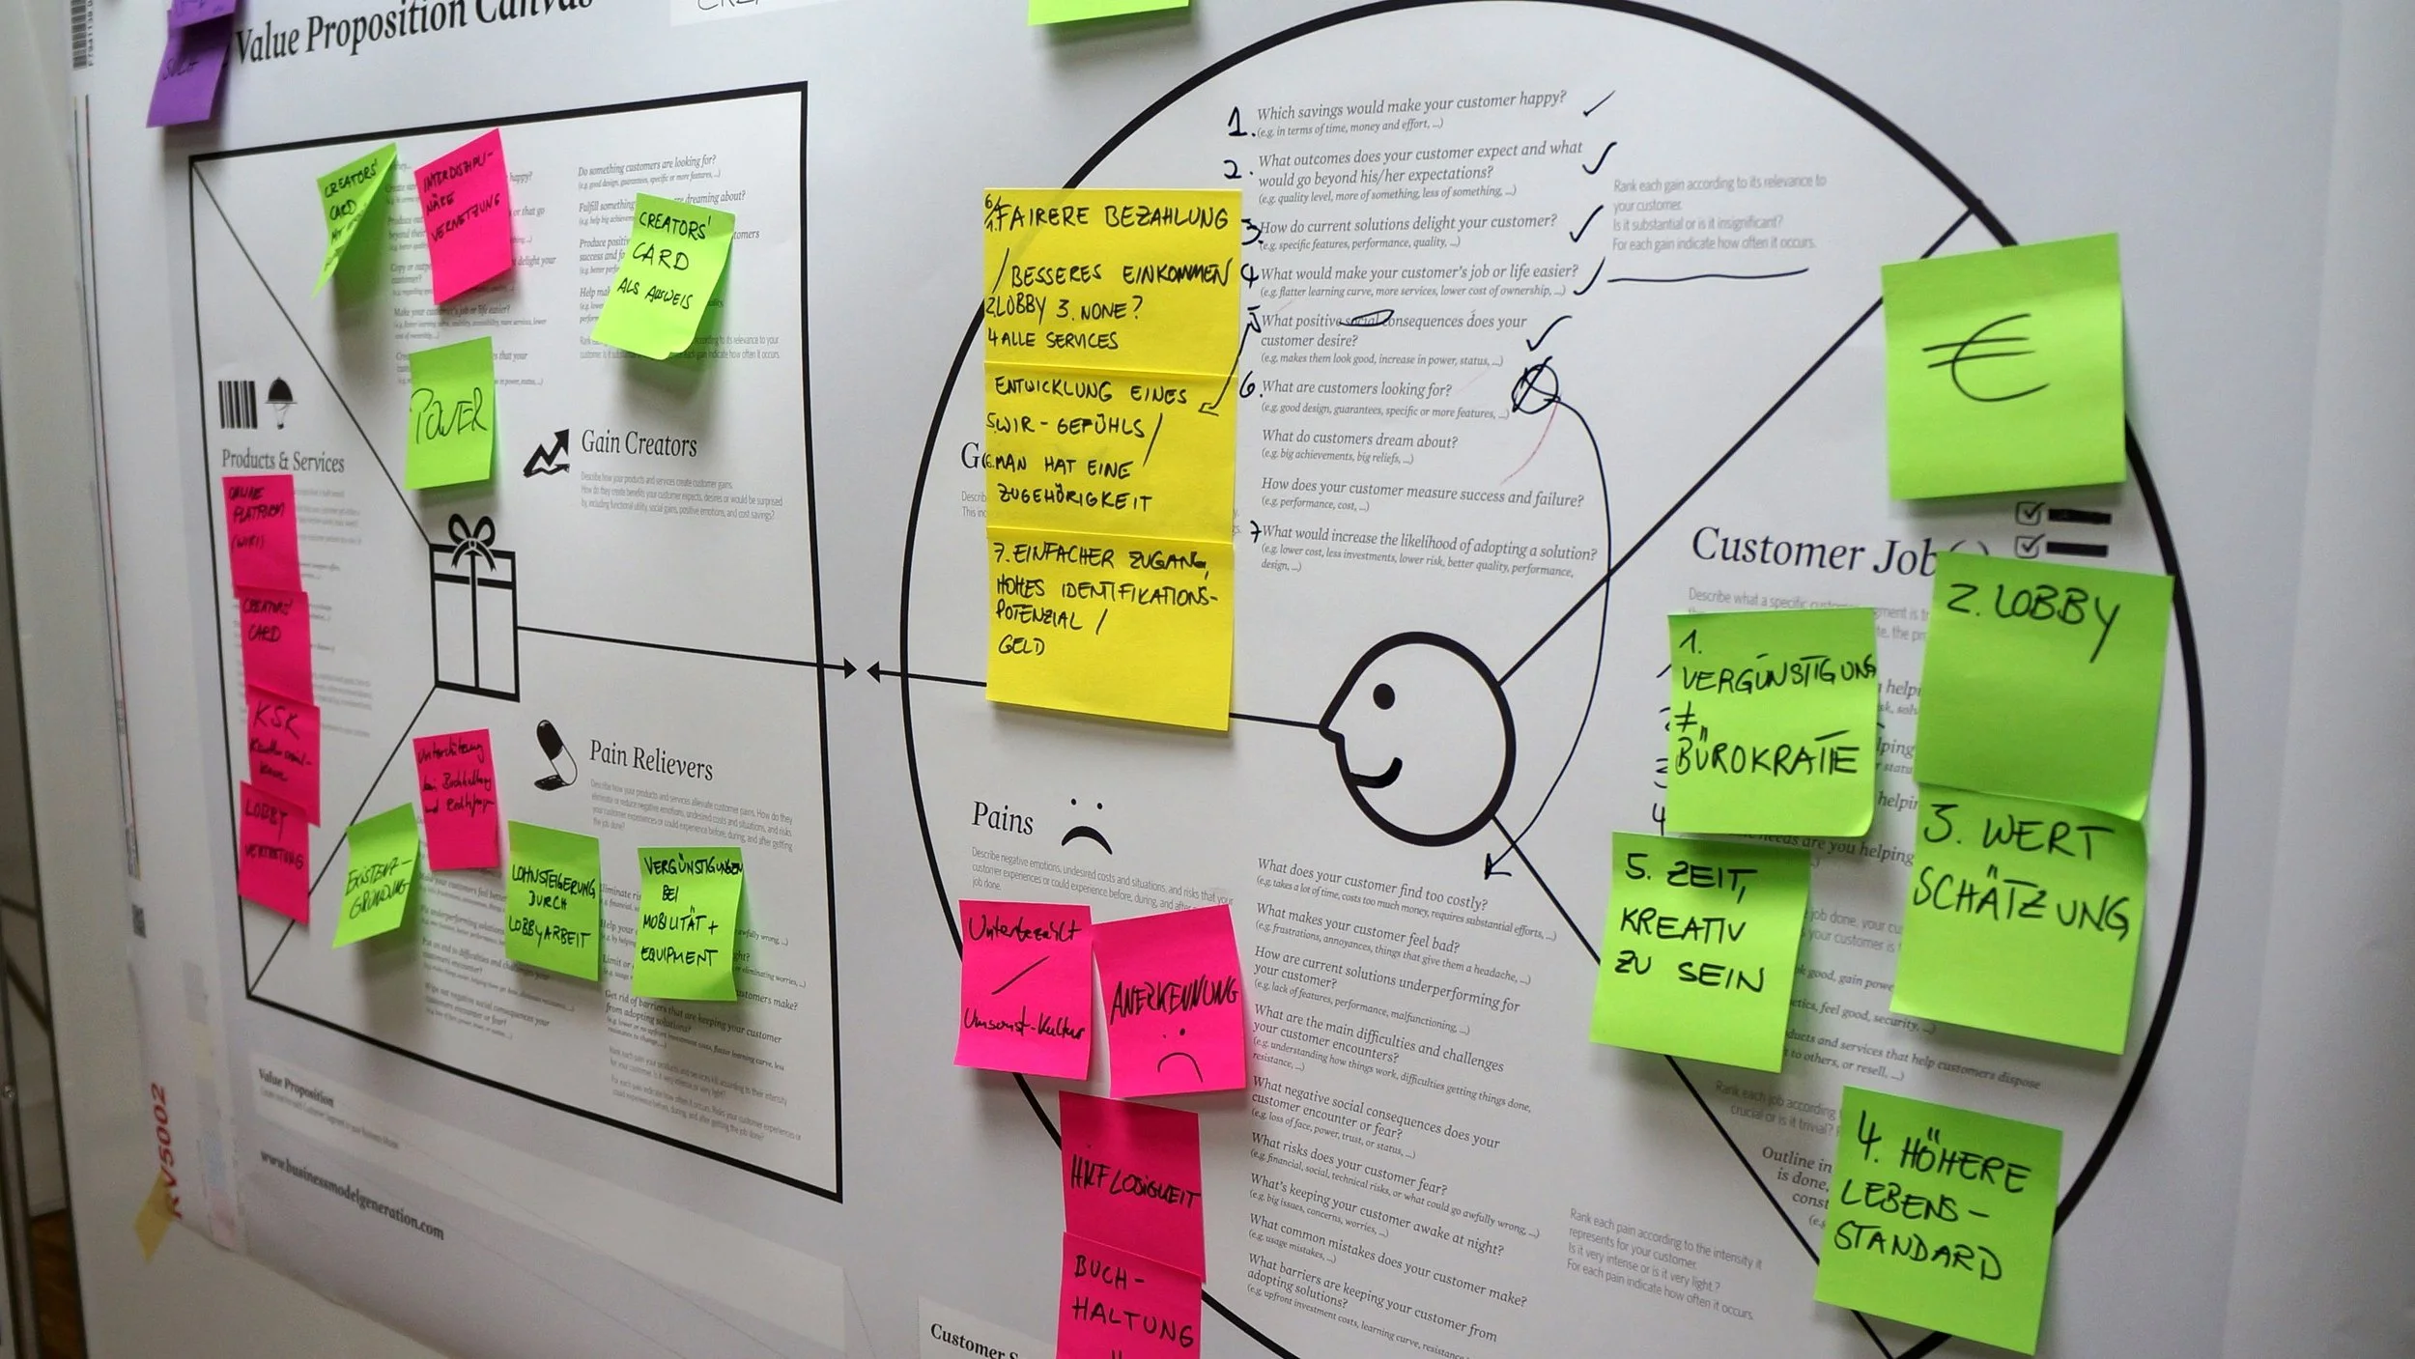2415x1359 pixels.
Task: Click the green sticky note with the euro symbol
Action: coord(2004,367)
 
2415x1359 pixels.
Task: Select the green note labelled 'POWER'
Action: coord(450,415)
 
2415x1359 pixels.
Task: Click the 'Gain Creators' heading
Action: coord(639,444)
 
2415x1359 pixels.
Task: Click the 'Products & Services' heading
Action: coord(282,460)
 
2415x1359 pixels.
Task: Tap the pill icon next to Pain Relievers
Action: coord(554,751)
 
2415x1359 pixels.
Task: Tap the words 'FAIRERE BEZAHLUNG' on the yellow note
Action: coord(1111,218)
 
